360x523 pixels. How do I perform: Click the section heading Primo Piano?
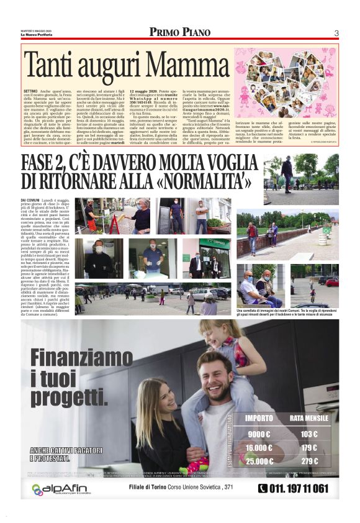pyautogui.click(x=180, y=32)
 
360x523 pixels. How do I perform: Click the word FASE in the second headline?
pyautogui.click(x=44, y=163)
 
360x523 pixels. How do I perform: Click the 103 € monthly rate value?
pyautogui.click(x=308, y=434)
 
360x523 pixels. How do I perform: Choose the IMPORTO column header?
pyautogui.click(x=259, y=417)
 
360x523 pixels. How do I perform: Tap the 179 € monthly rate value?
pyautogui.click(x=308, y=447)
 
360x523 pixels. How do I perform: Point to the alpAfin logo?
pyautogui.click(x=60, y=489)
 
